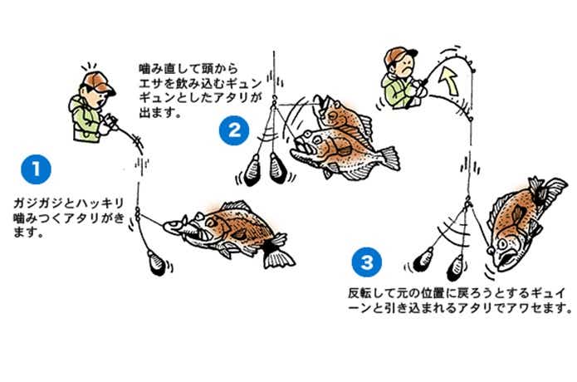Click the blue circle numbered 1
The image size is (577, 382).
pyautogui.click(x=36, y=169)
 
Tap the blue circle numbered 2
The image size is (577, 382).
pyautogui.click(x=234, y=130)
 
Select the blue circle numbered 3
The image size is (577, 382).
pyautogui.click(x=367, y=262)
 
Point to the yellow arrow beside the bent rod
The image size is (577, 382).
pyautogui.click(x=449, y=81)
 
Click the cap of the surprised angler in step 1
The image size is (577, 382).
pyautogui.click(x=98, y=82)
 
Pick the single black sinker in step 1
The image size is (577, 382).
pyautogui.click(x=156, y=262)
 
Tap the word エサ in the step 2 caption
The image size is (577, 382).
pyautogui.click(x=150, y=83)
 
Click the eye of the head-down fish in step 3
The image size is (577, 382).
pyautogui.click(x=502, y=243)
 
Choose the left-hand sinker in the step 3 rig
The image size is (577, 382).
pyautogui.click(x=423, y=259)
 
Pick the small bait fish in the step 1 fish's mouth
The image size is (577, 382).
pyautogui.click(x=175, y=226)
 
